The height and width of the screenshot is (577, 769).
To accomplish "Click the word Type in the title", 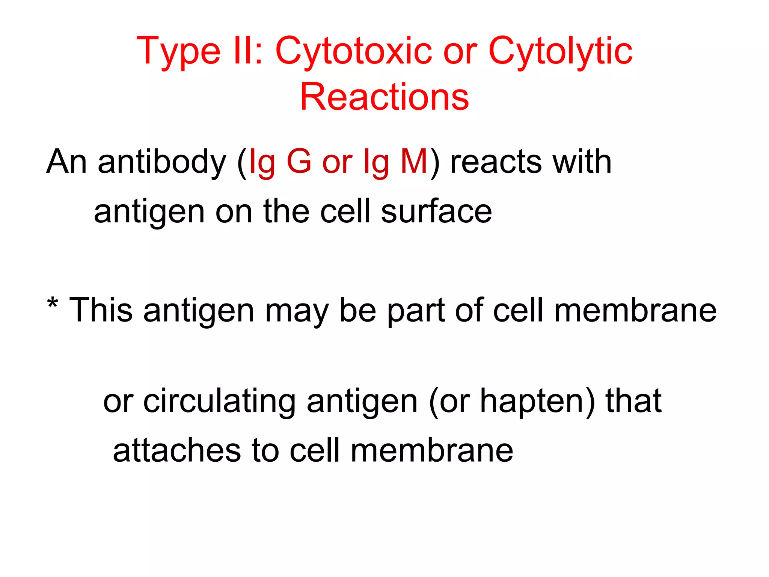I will point(178,52).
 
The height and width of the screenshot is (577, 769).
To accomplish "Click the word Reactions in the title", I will point(384,97).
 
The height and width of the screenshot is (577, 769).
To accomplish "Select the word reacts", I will point(496,162).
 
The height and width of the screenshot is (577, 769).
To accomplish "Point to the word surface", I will point(436,211).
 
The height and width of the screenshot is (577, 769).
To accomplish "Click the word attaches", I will point(177,450).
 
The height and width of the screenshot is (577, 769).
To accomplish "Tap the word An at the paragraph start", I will point(67,162).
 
